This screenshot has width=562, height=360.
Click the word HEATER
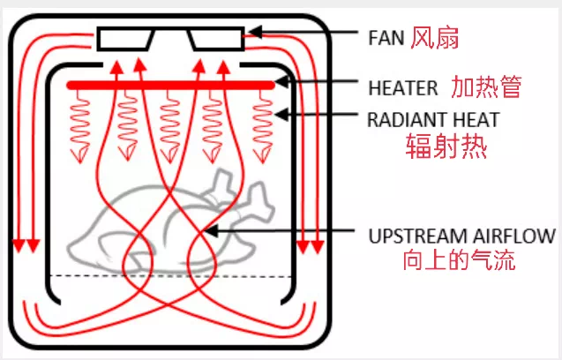tap(402, 88)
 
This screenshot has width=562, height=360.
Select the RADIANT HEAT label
tap(433, 118)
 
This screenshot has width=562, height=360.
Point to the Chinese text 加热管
tap(487, 87)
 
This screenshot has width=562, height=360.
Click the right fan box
tap(216, 39)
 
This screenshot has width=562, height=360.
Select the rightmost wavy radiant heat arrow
tap(263, 124)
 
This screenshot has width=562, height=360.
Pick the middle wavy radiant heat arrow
tap(170, 124)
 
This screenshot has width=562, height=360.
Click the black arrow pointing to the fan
tap(300, 34)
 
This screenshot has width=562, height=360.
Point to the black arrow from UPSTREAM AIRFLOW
tap(282, 232)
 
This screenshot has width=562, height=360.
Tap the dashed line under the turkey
tap(168, 276)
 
